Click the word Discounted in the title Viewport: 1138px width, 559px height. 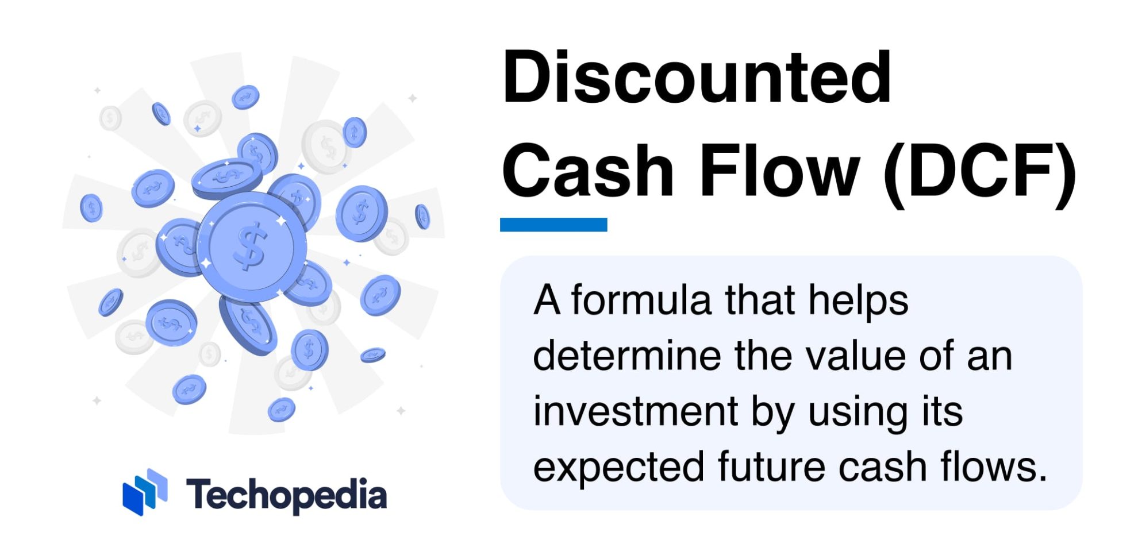(x=697, y=78)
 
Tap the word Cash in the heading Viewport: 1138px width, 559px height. (x=588, y=171)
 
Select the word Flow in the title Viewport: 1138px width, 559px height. (x=779, y=171)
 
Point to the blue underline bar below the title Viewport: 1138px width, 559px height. (x=553, y=225)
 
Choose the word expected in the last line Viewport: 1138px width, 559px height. (x=618, y=467)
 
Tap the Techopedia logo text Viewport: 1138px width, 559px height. (x=286, y=495)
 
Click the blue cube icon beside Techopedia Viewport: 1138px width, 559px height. (x=145, y=492)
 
